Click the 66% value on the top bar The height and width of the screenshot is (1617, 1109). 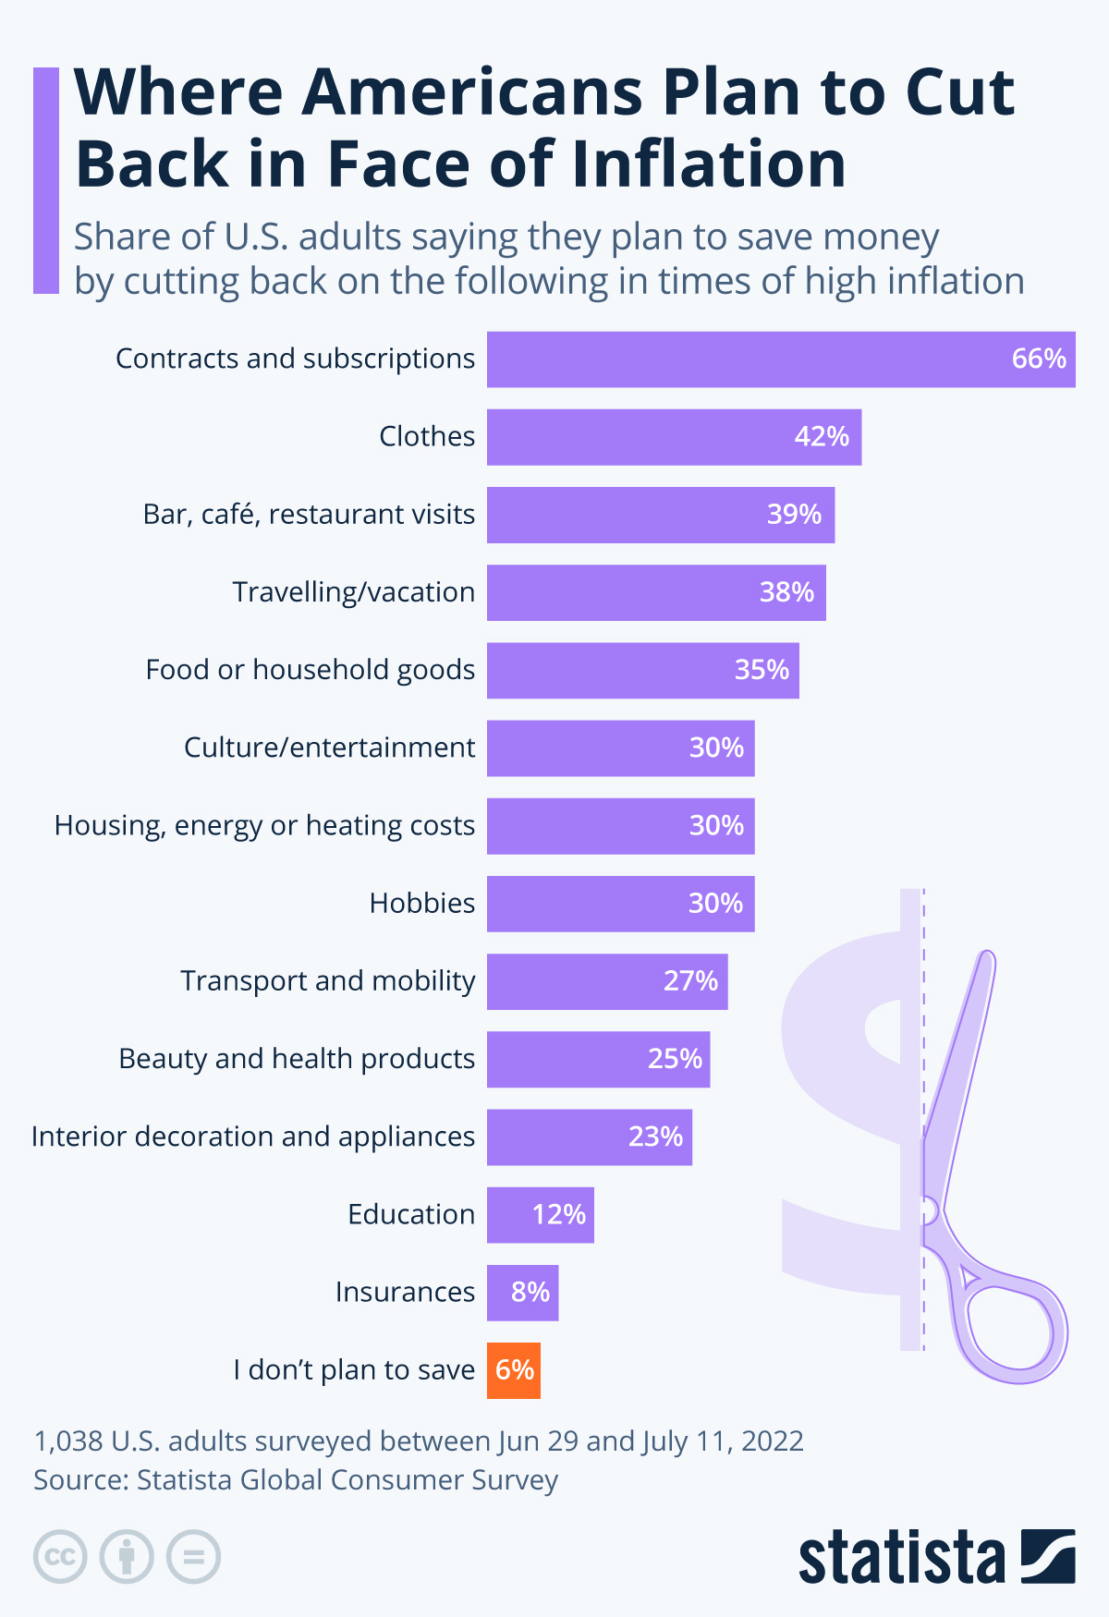1039,359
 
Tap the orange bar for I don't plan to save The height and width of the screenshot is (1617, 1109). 514,1370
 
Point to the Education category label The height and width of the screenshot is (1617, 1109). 411,1214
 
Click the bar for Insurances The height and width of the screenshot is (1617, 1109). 522,1293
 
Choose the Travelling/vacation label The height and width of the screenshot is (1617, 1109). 353,592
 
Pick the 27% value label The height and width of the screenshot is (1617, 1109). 690,980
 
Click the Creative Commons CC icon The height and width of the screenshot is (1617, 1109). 60,1557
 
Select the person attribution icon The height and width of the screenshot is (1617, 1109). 127,1557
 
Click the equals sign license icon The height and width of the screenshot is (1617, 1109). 193,1557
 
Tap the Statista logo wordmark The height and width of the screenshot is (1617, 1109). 901,1558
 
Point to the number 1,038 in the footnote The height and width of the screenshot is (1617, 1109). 68,1441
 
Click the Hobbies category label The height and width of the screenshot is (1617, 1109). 422,903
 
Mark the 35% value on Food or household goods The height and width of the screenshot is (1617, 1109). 762,670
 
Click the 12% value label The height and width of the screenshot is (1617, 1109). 558,1214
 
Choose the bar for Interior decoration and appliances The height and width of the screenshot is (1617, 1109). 589,1137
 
